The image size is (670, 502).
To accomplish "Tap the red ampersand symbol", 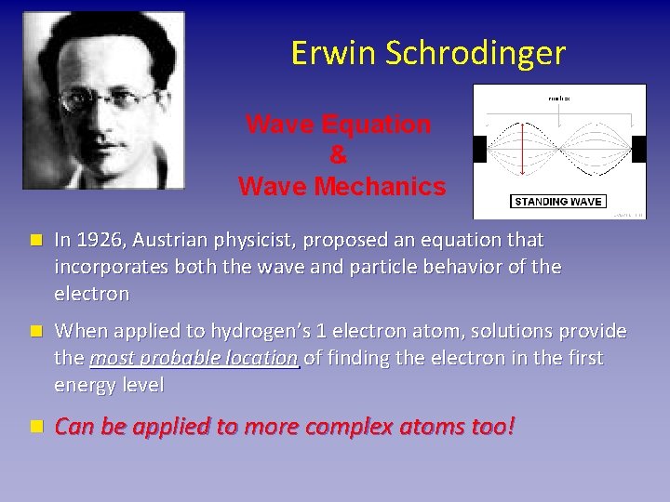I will point(338,156).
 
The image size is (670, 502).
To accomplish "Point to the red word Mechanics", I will point(384,187).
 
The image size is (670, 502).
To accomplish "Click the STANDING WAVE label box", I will point(558,202).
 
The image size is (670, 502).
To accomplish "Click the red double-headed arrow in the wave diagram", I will point(522,148).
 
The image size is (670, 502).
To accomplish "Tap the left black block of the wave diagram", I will point(479,148).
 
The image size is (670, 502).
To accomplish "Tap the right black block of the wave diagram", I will point(638,148).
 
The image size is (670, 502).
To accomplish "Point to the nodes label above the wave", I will point(559,97).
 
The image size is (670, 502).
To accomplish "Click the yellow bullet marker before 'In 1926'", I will point(35,240).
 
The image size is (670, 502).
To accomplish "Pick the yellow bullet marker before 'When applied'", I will point(35,331).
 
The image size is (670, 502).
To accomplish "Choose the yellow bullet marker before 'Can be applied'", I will point(35,427).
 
